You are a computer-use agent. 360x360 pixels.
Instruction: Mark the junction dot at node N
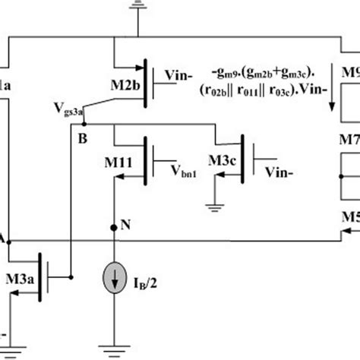[113, 226]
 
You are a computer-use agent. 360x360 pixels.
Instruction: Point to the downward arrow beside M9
[332, 99]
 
